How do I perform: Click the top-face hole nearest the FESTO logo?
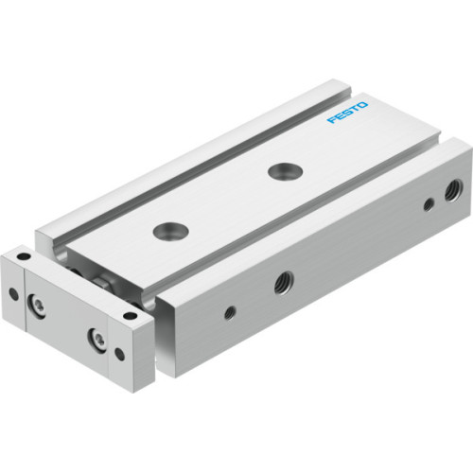coord(279,171)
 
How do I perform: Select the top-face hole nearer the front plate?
coord(170,230)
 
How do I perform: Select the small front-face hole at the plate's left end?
coord(13,293)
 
